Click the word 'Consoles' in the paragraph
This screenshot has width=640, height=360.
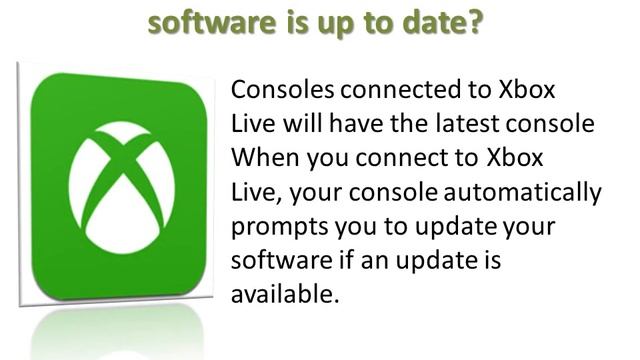(x=280, y=89)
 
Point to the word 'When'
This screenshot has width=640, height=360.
(x=261, y=158)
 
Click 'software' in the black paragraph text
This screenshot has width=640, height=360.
(x=273, y=261)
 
